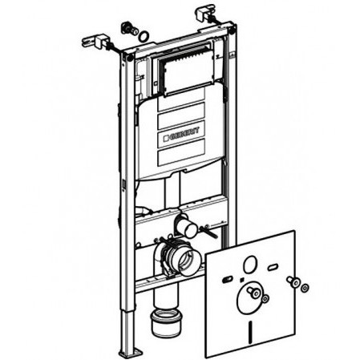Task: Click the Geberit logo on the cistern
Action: [x=181, y=134]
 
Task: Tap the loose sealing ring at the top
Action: [x=144, y=36]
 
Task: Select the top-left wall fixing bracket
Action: [x=96, y=42]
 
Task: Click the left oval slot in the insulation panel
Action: [x=227, y=280]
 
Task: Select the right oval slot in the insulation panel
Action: [x=273, y=267]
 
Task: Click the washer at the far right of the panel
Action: [x=305, y=288]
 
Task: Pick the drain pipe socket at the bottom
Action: [x=166, y=322]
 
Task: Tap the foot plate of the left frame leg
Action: [x=131, y=352]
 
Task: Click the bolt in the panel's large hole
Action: [x=253, y=292]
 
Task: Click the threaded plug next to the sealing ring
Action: [x=129, y=29]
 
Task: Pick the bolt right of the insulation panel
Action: [x=293, y=282]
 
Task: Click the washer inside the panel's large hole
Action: [x=265, y=298]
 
